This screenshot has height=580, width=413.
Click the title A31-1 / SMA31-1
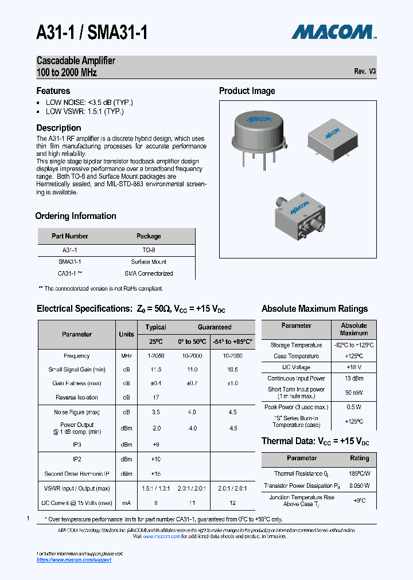click(x=92, y=33)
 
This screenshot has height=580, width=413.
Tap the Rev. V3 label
click(x=365, y=72)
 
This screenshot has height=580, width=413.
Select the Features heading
click(x=53, y=91)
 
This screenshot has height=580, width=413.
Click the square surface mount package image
click(x=332, y=138)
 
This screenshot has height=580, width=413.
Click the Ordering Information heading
click(x=76, y=216)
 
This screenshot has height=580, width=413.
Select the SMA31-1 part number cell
click(x=69, y=261)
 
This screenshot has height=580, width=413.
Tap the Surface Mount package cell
click(x=149, y=261)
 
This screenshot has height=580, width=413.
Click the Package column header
click(x=149, y=236)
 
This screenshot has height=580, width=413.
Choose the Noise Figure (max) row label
click(x=77, y=412)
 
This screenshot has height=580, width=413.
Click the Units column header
click(x=126, y=334)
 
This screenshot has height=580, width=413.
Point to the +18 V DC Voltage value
click(x=354, y=367)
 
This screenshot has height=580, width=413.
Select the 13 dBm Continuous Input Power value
click(x=354, y=378)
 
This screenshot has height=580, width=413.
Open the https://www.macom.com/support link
click(x=74, y=559)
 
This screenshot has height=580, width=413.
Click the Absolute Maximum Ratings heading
click(x=314, y=309)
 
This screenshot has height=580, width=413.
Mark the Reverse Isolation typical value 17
click(x=155, y=397)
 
